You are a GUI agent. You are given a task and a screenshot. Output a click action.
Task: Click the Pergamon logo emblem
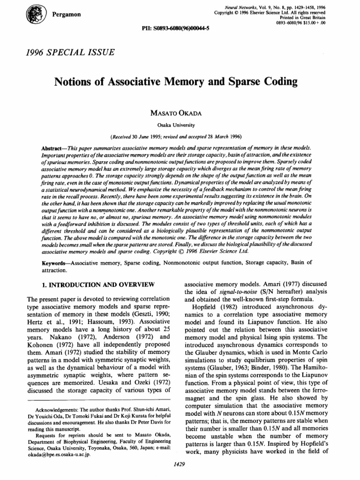click(x=37, y=14)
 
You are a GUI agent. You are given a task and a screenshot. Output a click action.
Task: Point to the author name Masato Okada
click(x=180, y=114)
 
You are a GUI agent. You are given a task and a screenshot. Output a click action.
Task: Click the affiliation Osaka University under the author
click(x=180, y=125)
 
